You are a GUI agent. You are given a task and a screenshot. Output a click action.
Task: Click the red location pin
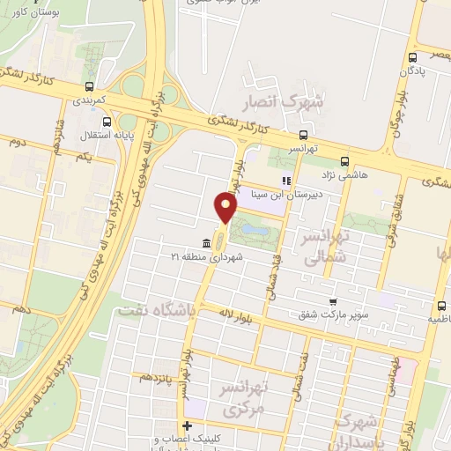tap(226, 207)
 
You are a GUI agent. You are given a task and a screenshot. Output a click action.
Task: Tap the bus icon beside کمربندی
tap(89, 87)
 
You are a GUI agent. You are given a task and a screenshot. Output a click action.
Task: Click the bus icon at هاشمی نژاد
tap(344, 162)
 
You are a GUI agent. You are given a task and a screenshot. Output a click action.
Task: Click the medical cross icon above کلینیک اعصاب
tap(187, 427)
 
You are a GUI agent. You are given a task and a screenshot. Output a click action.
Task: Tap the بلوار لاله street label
tap(231, 316)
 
